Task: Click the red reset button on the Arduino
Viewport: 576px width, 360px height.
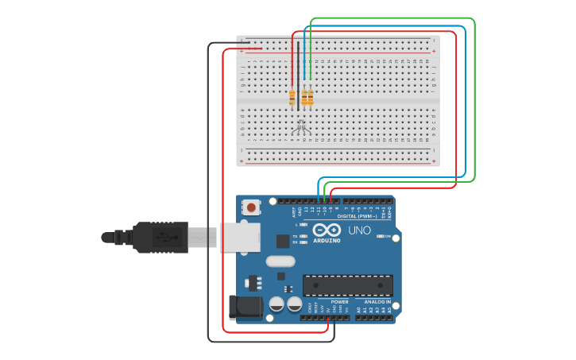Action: tap(251, 207)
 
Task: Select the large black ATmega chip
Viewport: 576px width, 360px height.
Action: tap(347, 285)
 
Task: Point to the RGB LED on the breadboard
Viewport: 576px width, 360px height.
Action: tap(300, 123)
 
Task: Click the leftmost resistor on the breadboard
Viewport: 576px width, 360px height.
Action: tap(292, 98)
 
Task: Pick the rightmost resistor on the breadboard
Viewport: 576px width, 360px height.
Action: tap(310, 98)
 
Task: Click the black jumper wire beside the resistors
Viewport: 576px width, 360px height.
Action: tap(298, 75)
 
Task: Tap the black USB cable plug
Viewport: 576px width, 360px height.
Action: tap(159, 237)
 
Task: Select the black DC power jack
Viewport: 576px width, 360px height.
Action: tap(245, 308)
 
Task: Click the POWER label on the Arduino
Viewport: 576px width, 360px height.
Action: tap(339, 302)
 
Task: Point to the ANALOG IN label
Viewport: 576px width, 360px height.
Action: tap(377, 302)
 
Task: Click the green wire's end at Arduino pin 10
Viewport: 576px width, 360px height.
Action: tap(325, 199)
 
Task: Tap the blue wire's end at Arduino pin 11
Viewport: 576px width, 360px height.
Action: tap(319, 199)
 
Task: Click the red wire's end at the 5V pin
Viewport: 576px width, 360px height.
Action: tap(328, 318)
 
